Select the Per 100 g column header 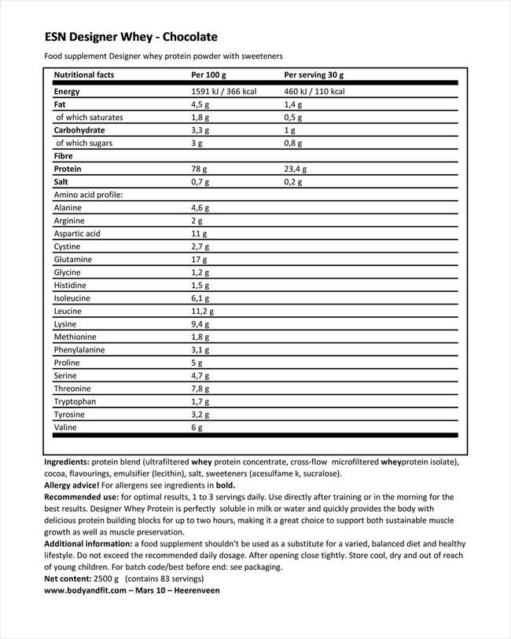[208, 75]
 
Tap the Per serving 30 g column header [314, 75]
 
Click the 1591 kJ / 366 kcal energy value [224, 92]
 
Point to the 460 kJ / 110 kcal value [314, 92]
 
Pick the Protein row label [68, 169]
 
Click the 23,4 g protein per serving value [295, 169]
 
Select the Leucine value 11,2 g [203, 311]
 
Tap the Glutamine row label [73, 259]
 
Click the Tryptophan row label [75, 401]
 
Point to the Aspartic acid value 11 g [199, 233]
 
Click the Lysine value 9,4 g [200, 323]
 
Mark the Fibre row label [64, 155]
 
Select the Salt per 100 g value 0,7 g [200, 181]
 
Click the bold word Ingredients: [67, 462]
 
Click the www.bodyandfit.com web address [86, 590]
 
